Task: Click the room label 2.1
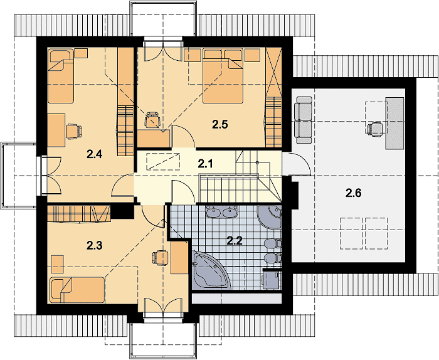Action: click(x=205, y=163)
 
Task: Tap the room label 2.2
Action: click(x=235, y=240)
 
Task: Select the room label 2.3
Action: click(x=94, y=245)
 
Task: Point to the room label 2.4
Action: click(x=94, y=154)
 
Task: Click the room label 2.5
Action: click(x=219, y=124)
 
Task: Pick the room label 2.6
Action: click(x=353, y=193)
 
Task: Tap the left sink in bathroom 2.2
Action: click(x=214, y=212)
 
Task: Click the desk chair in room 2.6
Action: click(x=375, y=130)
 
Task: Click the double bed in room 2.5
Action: click(x=223, y=76)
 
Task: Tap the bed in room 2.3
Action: click(x=77, y=290)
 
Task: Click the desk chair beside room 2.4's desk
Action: click(x=73, y=131)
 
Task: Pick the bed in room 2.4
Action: click(x=61, y=76)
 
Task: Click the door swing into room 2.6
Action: click(x=297, y=164)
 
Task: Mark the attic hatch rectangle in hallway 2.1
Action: click(x=162, y=161)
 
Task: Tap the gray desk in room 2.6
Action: click(x=394, y=123)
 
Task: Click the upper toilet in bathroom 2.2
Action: click(x=273, y=243)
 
